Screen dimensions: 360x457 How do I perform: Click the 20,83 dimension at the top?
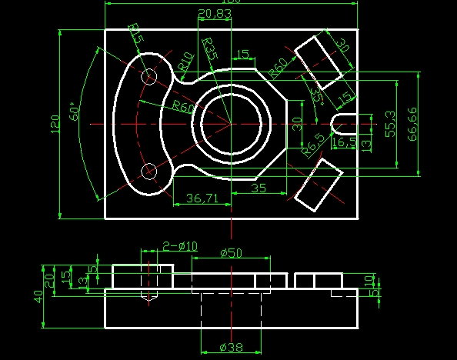click(x=215, y=14)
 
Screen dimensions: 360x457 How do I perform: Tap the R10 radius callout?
click(x=185, y=63)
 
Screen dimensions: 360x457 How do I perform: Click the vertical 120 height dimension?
click(x=55, y=123)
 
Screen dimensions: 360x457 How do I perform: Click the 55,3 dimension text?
click(x=391, y=124)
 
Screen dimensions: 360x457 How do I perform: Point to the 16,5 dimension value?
click(x=343, y=142)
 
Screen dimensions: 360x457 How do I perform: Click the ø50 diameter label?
click(x=231, y=253)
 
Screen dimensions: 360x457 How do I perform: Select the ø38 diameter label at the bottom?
click(x=231, y=347)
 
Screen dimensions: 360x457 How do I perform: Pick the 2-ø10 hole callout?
click(x=179, y=246)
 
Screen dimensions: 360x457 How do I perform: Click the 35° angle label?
click(x=316, y=94)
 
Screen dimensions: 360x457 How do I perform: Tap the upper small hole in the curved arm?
click(x=149, y=77)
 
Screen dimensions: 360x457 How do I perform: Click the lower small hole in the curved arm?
click(x=149, y=170)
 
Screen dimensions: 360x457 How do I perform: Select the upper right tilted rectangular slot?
click(x=319, y=61)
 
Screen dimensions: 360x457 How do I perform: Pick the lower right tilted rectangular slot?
click(x=318, y=185)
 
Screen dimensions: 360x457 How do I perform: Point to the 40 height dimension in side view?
click(x=37, y=296)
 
